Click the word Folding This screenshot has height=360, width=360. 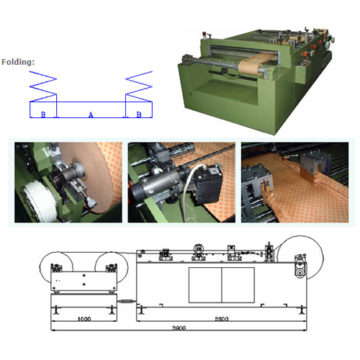pos(18,62)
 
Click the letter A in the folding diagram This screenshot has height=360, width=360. pos(90,114)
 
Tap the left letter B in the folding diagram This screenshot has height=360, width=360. pos(43,114)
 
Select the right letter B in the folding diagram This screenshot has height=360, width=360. pos(139,114)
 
